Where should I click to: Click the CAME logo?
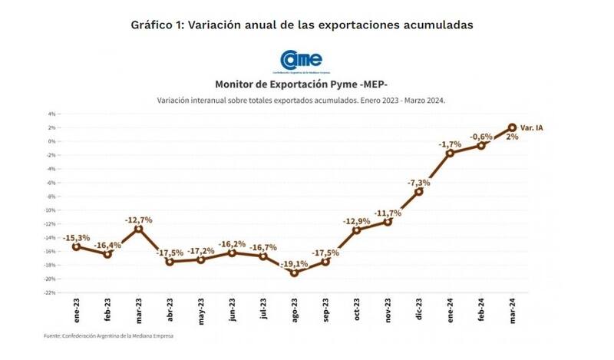301,60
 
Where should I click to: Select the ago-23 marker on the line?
294,272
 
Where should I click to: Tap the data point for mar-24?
512,127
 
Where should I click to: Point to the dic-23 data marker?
419,191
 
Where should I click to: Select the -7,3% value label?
418,183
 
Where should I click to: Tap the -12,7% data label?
138,220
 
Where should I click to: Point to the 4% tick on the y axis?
51,114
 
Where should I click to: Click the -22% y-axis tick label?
49,292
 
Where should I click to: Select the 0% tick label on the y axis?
51,141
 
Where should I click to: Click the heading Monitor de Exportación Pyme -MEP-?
301,85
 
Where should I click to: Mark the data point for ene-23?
77,246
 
